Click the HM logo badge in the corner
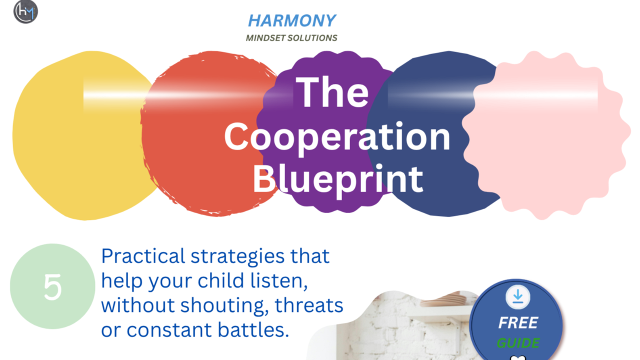pos(25,11)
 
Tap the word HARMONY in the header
pos(291,21)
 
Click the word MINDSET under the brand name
pos(265,38)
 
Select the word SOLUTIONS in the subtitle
pos(312,38)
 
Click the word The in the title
pos(332,92)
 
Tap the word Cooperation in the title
pos(337,137)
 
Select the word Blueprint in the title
pos(337,179)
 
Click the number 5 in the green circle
pos(52,287)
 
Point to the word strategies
pos(237,256)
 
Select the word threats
pos(309,305)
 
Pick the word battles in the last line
pos(253,330)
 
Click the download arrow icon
pos(517,297)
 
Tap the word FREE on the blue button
pos(518,323)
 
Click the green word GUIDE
pos(518,343)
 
